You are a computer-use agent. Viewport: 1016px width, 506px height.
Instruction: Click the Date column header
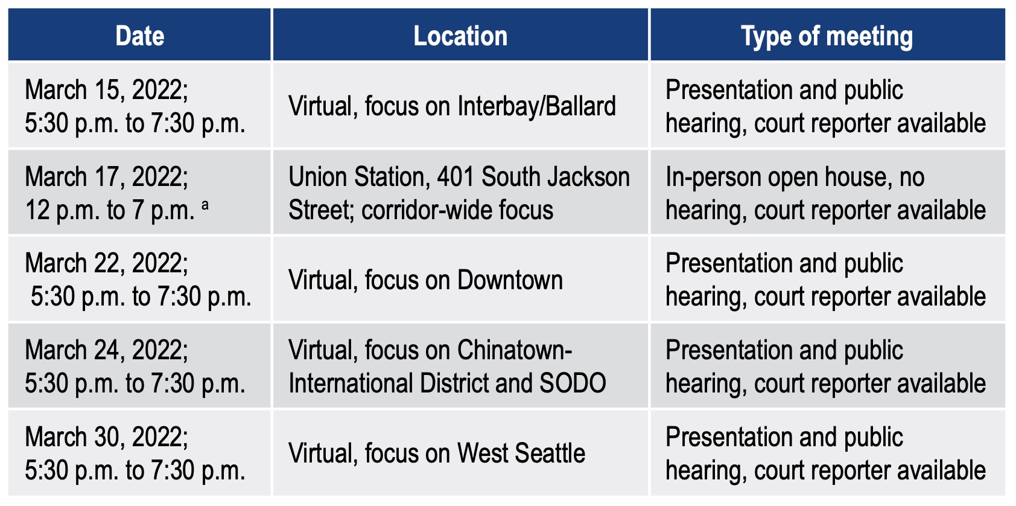pyautogui.click(x=140, y=36)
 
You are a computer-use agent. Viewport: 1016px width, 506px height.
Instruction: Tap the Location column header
pyautogui.click(x=460, y=36)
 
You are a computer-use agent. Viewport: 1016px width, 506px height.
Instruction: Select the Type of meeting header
pyautogui.click(x=827, y=36)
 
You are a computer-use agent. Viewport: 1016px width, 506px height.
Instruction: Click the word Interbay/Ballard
pyautogui.click(x=536, y=106)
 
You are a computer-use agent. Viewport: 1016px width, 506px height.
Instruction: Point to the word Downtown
pyautogui.click(x=510, y=280)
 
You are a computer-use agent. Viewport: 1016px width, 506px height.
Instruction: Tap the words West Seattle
pyautogui.click(x=521, y=453)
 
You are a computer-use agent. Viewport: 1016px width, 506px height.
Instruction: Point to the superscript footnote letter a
pyautogui.click(x=205, y=205)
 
